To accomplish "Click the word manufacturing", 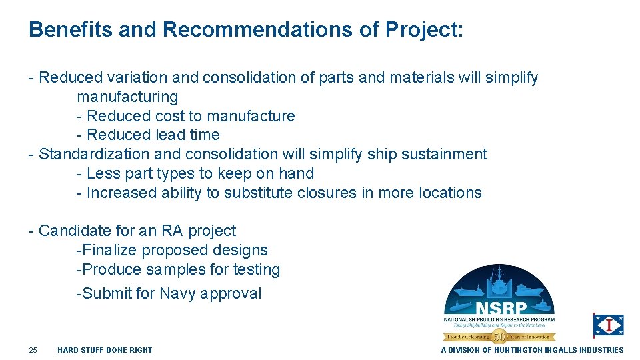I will point(127,97).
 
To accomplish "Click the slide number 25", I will point(33,350).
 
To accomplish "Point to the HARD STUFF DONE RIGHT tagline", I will point(105,350).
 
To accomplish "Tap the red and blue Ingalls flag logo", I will point(609,325).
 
